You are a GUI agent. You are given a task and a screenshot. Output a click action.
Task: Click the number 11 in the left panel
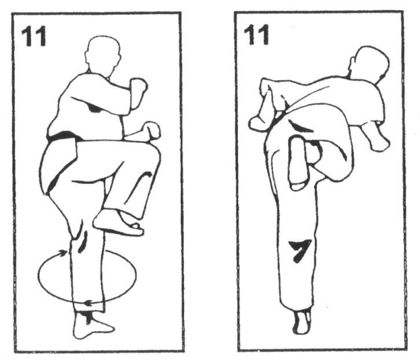tap(34, 36)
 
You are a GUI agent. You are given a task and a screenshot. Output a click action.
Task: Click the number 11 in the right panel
tap(256, 35)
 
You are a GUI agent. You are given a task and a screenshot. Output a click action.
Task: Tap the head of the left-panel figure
tap(102, 56)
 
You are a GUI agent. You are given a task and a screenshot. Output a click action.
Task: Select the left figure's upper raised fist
tap(138, 86)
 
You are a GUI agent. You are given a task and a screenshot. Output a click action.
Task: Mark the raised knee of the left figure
tap(150, 152)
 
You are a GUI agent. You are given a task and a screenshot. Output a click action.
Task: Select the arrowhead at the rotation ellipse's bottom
tap(88, 303)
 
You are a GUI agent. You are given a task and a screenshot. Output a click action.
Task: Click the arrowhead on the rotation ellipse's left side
tap(63, 253)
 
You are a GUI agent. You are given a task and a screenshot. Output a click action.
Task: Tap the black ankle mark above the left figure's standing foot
tap(88, 317)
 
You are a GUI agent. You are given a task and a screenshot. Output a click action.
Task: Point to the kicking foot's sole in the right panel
tap(297, 163)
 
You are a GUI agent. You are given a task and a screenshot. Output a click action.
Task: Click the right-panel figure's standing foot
tap(302, 321)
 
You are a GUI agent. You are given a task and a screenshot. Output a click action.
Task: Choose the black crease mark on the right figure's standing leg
tap(300, 250)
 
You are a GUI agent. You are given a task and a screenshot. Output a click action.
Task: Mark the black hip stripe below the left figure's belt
tap(53, 183)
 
